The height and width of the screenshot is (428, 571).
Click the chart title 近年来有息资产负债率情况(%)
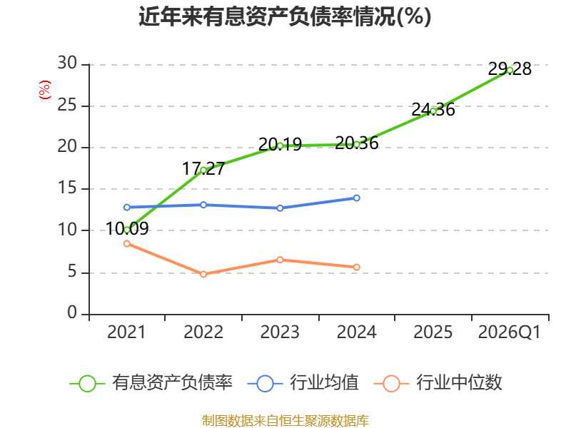(285, 16)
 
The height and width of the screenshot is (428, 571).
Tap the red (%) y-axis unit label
(45, 90)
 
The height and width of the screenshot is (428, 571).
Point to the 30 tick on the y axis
(67, 63)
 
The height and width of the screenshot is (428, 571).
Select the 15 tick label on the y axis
(67, 188)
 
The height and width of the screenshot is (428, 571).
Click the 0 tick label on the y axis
(73, 312)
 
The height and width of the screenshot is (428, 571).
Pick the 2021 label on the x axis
(126, 332)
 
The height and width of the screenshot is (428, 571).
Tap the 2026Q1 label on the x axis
(510, 332)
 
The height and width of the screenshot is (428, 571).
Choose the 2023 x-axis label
(280, 332)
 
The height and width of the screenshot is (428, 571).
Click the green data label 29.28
(510, 69)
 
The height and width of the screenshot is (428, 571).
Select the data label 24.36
(433, 110)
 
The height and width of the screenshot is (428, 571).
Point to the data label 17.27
(203, 169)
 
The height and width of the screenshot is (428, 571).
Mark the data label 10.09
(127, 229)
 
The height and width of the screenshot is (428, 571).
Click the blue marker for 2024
(356, 198)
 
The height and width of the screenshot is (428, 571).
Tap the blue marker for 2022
(203, 205)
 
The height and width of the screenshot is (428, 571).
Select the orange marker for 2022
(203, 274)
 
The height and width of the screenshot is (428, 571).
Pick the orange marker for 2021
(127, 243)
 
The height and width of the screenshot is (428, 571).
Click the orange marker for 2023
(280, 260)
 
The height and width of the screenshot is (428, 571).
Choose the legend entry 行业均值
(303, 383)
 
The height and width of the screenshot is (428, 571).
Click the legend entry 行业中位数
(438, 383)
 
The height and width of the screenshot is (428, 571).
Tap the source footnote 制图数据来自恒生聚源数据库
(285, 421)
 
